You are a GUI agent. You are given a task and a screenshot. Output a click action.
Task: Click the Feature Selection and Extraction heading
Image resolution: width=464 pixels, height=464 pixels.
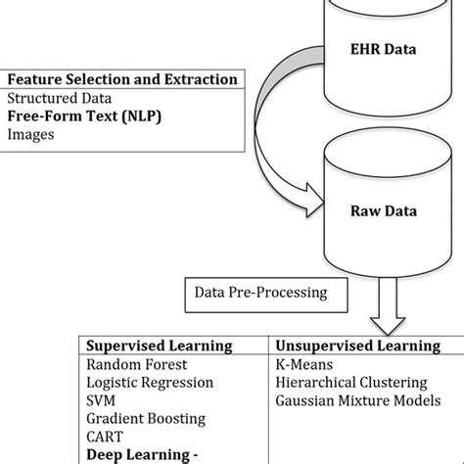121,78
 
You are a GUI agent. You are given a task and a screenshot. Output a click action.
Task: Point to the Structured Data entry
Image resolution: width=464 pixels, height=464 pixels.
59,98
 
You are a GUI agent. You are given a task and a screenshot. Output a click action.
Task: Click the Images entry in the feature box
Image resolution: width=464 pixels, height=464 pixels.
30,135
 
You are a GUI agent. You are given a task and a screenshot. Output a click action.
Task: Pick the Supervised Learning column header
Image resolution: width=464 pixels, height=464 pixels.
160,346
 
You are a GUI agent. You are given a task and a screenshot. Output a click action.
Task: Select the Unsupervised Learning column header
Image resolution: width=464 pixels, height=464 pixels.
357,346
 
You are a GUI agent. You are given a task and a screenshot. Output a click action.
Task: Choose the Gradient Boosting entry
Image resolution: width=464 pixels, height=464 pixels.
147,419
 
